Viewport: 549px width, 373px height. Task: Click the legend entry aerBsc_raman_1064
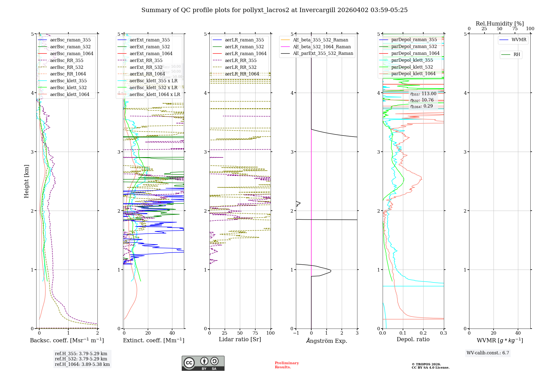click(x=71, y=53)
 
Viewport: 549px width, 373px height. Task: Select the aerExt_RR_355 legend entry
click(x=146, y=60)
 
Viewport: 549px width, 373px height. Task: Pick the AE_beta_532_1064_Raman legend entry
click(x=322, y=47)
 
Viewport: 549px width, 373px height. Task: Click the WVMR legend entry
click(x=519, y=40)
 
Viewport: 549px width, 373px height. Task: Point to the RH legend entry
click(x=517, y=55)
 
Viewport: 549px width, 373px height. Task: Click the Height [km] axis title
click(x=26, y=181)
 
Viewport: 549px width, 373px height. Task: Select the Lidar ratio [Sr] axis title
click(x=240, y=339)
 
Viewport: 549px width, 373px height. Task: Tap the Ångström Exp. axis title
click(x=326, y=341)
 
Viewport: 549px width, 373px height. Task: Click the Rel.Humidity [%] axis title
click(x=500, y=24)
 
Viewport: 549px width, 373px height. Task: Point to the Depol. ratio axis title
click(x=413, y=339)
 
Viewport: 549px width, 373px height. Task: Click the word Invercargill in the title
click(x=317, y=10)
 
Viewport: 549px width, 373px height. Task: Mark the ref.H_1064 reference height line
click(x=82, y=364)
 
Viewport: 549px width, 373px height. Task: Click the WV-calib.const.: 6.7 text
click(x=488, y=353)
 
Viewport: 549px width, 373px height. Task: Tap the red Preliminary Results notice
click(x=287, y=365)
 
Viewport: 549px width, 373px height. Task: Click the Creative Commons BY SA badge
click(x=203, y=363)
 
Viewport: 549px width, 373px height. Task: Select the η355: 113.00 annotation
click(x=423, y=94)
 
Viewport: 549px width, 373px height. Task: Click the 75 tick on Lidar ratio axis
click(x=255, y=333)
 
